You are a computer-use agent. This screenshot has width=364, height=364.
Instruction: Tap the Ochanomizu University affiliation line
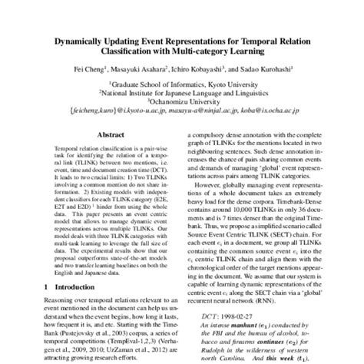pyautogui.click(x=182, y=100)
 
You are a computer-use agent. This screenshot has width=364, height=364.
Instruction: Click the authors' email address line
pyautogui.click(x=182, y=110)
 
